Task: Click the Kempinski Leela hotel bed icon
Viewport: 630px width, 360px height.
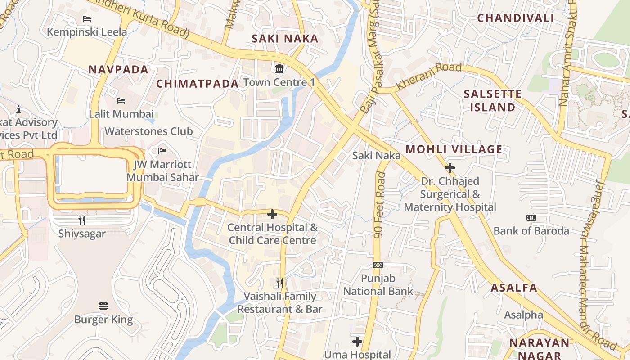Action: coord(87,19)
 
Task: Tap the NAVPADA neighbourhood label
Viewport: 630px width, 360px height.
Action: coord(118,70)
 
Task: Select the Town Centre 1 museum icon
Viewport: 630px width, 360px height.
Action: coord(279,69)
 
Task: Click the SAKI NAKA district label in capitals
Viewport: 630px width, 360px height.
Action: coord(285,39)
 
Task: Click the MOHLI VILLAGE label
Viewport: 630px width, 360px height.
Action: coord(454,149)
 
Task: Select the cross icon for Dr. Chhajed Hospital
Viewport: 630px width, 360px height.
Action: coord(450,168)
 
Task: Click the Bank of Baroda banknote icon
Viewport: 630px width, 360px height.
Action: coord(531,218)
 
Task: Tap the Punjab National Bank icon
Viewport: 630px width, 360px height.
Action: coord(378,265)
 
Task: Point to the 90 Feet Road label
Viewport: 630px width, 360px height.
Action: coord(381,205)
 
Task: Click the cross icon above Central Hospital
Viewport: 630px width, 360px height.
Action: coord(272,214)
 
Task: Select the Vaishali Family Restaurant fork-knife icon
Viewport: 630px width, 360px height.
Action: coord(280,283)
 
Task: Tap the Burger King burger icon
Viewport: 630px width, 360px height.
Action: coord(103,306)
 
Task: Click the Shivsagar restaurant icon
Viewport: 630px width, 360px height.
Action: coord(82,220)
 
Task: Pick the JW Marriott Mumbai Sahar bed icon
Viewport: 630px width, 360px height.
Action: coord(162,151)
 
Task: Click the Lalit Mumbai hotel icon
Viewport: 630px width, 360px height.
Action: coord(121,100)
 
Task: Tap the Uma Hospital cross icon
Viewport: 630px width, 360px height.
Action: coord(357,342)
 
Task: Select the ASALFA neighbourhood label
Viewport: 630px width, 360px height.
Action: coord(514,288)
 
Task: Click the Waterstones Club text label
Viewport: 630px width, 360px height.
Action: coord(148,131)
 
